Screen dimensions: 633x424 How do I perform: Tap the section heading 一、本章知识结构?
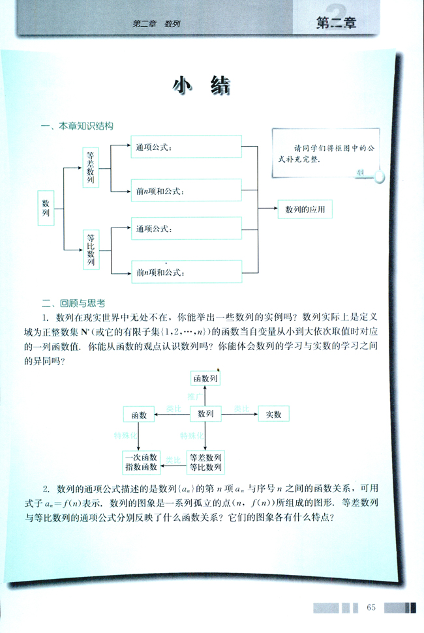pos(76,126)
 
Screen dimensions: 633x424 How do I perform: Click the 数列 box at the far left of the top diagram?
pos(46,208)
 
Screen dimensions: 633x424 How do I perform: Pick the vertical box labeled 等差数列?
pos(91,168)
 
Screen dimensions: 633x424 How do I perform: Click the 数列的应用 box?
pos(305,210)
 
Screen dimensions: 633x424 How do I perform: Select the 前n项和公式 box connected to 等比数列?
pos(186,272)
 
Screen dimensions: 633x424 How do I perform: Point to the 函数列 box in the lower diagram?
pos(205,377)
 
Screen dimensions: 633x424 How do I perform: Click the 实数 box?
pos(273,414)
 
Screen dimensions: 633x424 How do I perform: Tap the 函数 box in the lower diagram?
pos(138,414)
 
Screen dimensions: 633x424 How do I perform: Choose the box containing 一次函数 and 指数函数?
pos(140,462)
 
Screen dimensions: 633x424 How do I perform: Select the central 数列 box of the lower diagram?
pos(205,413)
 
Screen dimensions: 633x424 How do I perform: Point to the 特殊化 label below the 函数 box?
pos(125,435)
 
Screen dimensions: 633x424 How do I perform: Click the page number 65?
pos(371,608)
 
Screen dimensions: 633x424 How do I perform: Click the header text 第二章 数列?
pos(156,24)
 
